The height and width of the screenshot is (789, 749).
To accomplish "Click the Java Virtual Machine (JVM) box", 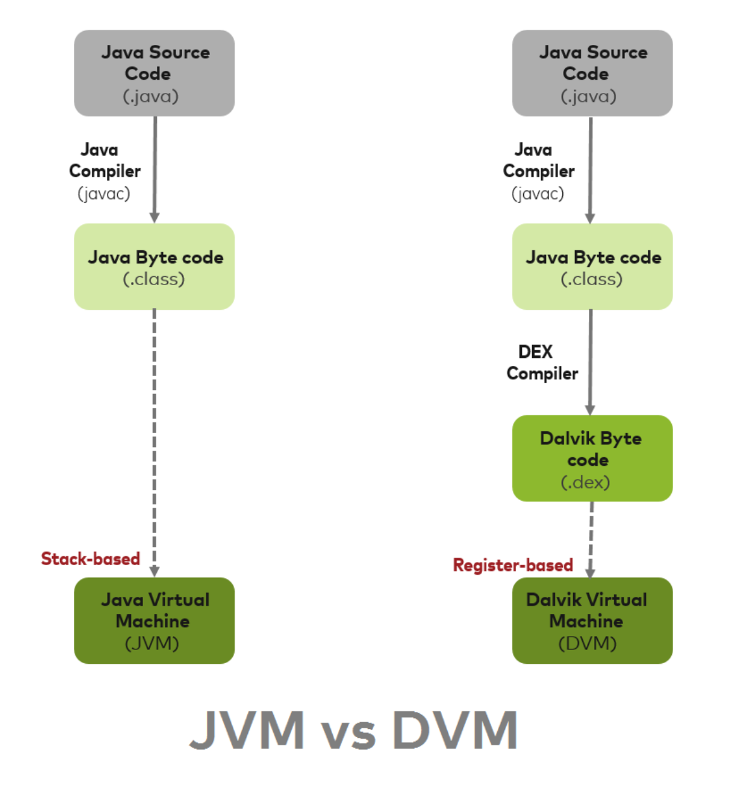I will tap(154, 620).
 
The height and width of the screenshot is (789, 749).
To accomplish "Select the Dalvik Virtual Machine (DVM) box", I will tap(592, 620).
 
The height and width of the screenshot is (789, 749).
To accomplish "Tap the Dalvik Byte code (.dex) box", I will tap(592, 458).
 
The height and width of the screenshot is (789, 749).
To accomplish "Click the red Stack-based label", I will tap(90, 559).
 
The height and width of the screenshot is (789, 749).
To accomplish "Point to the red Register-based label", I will tap(513, 565).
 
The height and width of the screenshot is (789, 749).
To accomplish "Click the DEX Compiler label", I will tap(542, 362).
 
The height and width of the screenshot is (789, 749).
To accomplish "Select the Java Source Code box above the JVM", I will tap(154, 73).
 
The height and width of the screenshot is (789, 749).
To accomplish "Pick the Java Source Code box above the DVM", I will tap(592, 73).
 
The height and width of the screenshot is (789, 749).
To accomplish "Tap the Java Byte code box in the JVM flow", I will tap(154, 266).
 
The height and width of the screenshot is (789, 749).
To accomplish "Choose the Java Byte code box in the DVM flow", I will tap(592, 266).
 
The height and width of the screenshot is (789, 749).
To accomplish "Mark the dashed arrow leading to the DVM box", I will tap(591, 537).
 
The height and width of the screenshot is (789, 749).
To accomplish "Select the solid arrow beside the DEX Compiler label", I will tap(590, 360).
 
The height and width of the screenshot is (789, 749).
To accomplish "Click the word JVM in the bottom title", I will tap(247, 730).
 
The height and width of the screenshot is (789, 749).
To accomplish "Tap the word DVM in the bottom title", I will tap(455, 730).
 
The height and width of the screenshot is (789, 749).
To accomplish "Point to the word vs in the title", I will tap(349, 733).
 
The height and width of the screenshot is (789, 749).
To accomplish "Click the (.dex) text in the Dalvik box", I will tap(585, 482).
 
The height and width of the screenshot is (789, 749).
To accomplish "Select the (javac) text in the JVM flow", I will tap(104, 193).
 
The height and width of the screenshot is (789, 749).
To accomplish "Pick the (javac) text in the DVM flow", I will tap(538, 193).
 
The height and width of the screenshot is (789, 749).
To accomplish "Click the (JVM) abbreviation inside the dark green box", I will tap(152, 644).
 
